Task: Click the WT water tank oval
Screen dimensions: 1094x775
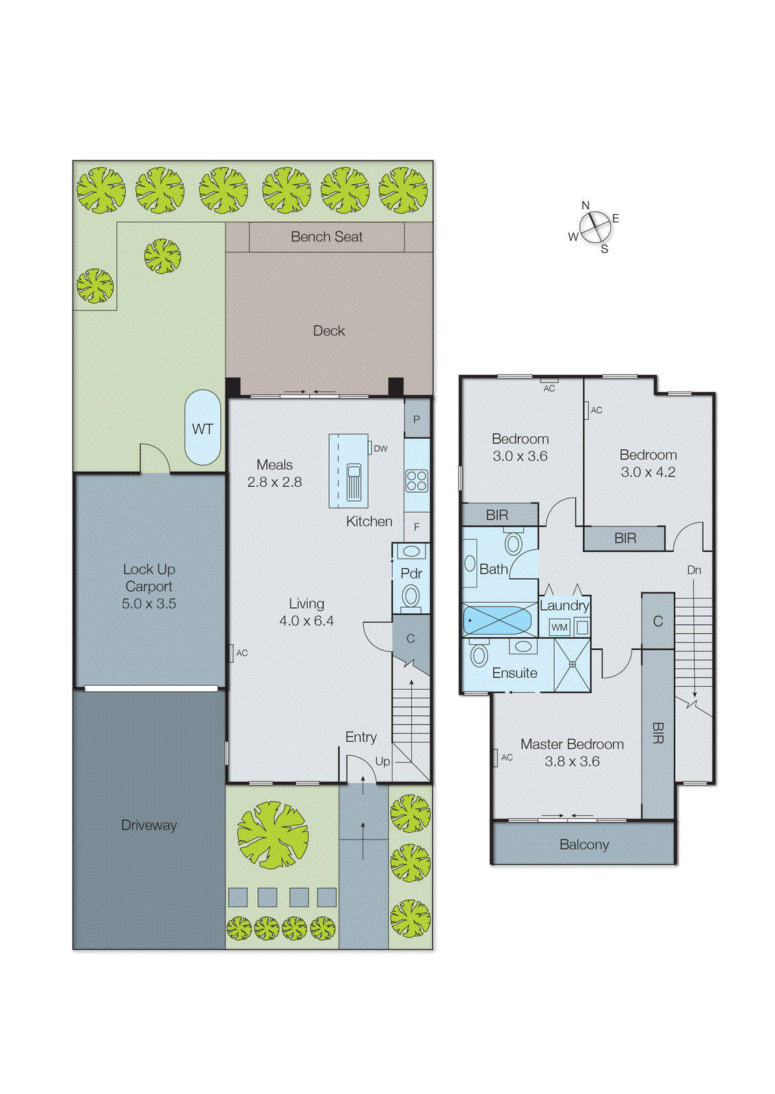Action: [x=202, y=428]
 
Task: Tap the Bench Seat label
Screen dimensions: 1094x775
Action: [x=326, y=237]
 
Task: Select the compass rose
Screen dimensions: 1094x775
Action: [x=594, y=227]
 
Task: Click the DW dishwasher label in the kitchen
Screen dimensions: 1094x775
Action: [x=380, y=449]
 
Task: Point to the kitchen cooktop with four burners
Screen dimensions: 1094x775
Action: [x=417, y=481]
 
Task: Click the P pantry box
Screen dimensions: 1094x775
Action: [x=417, y=419]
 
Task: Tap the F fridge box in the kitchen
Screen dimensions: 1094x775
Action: [x=417, y=527]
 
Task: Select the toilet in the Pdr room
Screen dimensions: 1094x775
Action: [x=411, y=596]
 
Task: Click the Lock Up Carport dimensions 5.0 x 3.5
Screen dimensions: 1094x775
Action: [x=149, y=604]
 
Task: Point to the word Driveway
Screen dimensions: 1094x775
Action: [x=149, y=825]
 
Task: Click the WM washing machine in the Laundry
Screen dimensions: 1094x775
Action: [x=560, y=627]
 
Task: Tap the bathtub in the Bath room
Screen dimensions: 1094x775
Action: [x=498, y=621]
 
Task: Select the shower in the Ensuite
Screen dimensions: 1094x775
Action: [x=572, y=665]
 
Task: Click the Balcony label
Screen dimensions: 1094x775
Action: [x=583, y=844]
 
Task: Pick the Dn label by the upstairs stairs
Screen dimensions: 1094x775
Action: [x=694, y=570]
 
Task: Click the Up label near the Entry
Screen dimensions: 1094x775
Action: [x=382, y=761]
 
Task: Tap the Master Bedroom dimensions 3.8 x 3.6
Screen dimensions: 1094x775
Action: [x=572, y=762]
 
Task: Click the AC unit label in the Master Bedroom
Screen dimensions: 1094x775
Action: [x=506, y=757]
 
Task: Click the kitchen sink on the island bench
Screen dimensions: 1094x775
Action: [x=354, y=481]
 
